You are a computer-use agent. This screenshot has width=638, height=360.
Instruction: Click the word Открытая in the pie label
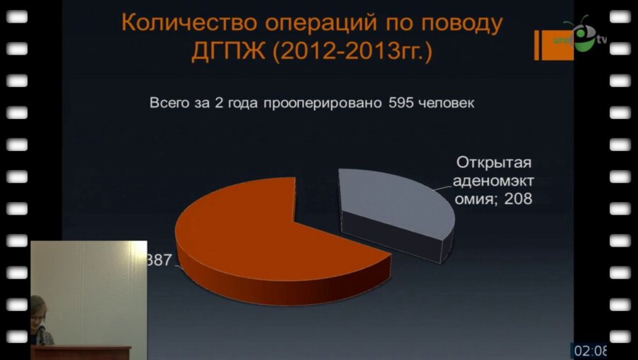point(493,161)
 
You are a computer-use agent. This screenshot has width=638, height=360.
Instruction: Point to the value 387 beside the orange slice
point(159,260)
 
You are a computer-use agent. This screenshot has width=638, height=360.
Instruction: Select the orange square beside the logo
point(547,45)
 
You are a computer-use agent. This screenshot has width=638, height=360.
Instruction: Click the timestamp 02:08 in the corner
point(591,350)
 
